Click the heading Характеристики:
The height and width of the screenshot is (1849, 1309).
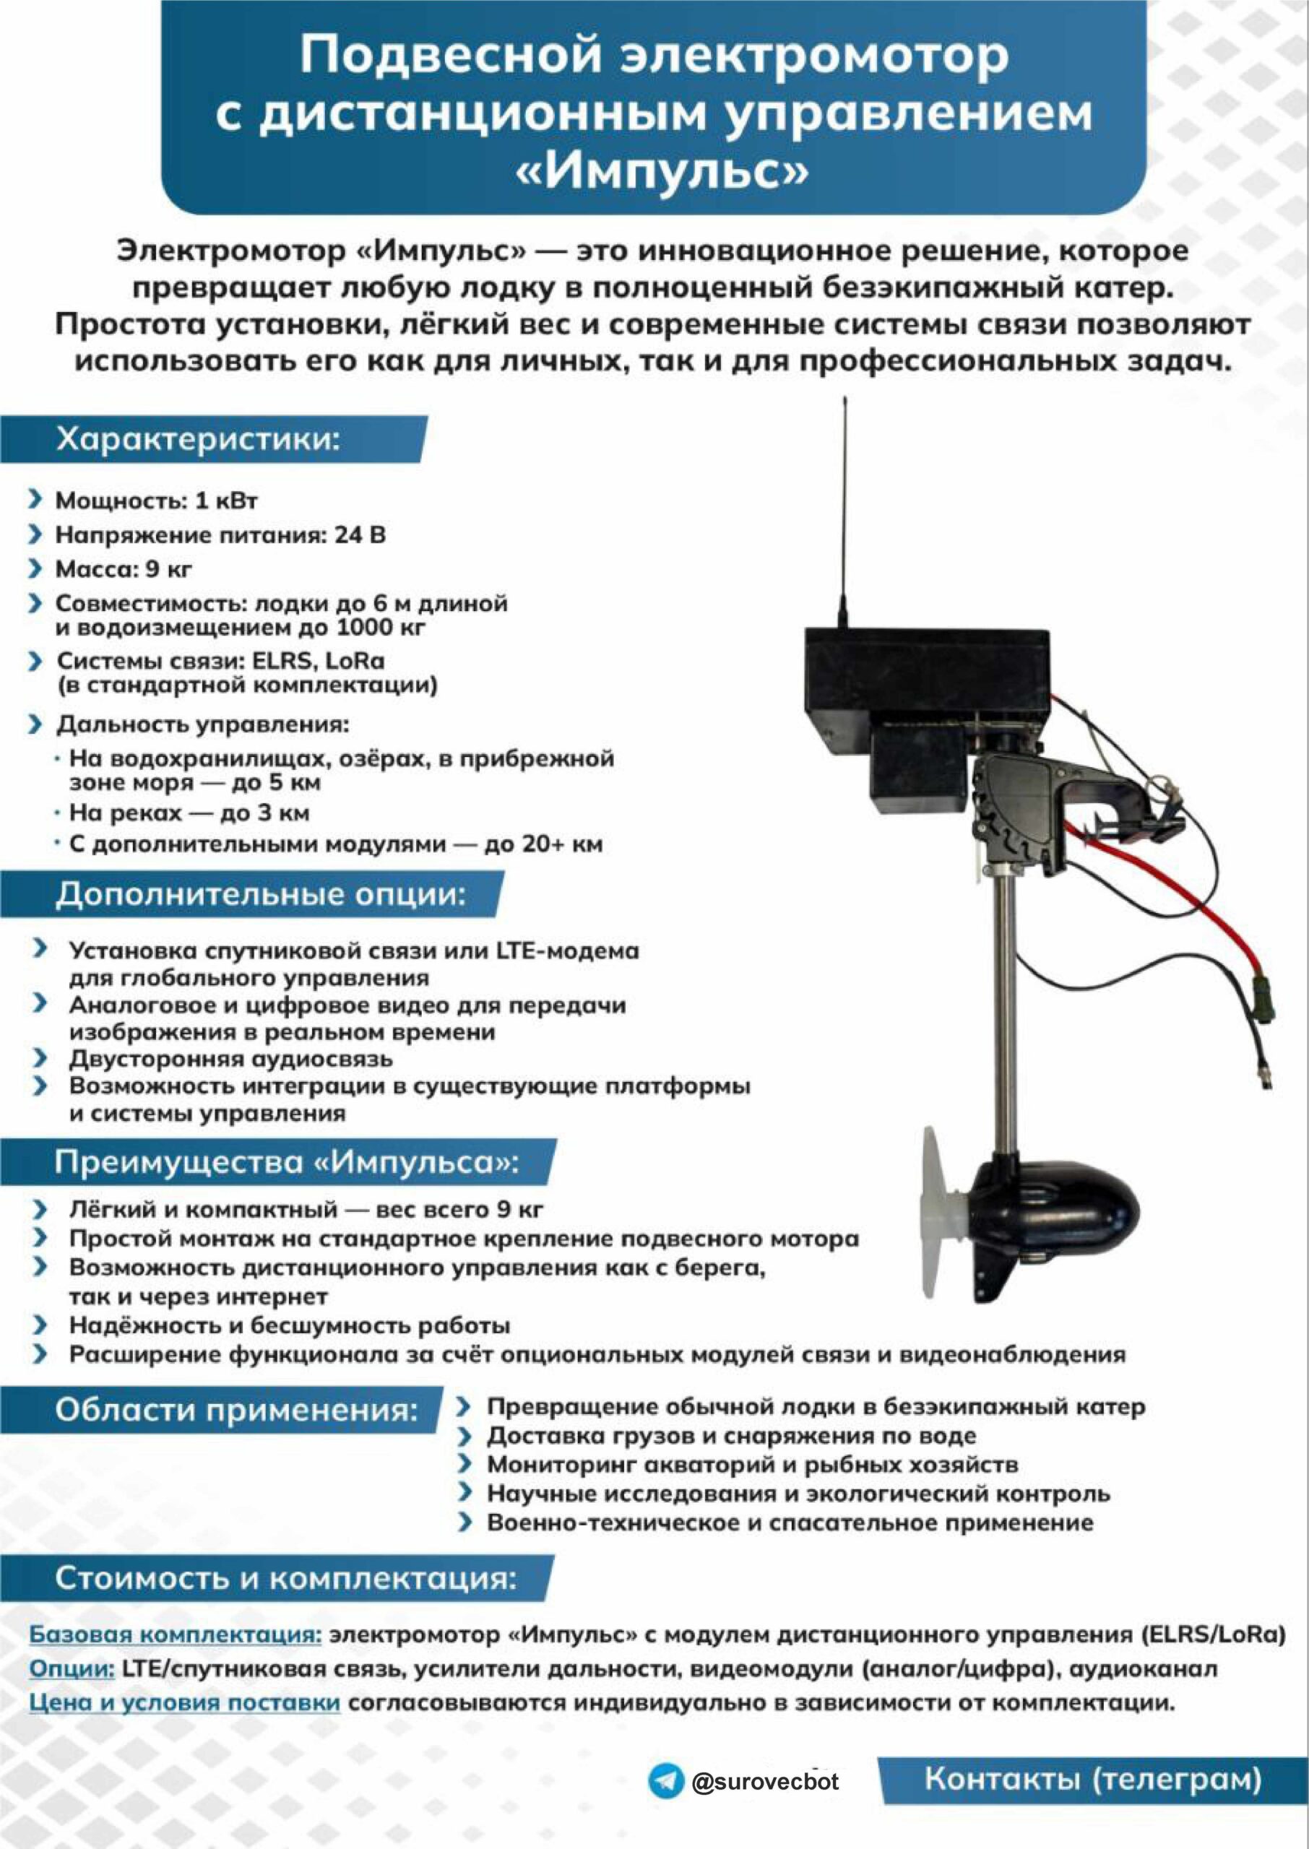(197, 440)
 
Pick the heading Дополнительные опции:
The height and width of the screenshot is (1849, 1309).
(259, 894)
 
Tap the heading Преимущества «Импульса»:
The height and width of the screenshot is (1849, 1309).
(286, 1162)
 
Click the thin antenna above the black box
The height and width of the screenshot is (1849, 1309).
(844, 516)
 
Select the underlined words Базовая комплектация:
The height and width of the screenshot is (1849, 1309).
(176, 1635)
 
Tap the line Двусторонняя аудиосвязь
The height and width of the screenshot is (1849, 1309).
(230, 1059)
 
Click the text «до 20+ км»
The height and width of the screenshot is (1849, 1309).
(543, 844)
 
